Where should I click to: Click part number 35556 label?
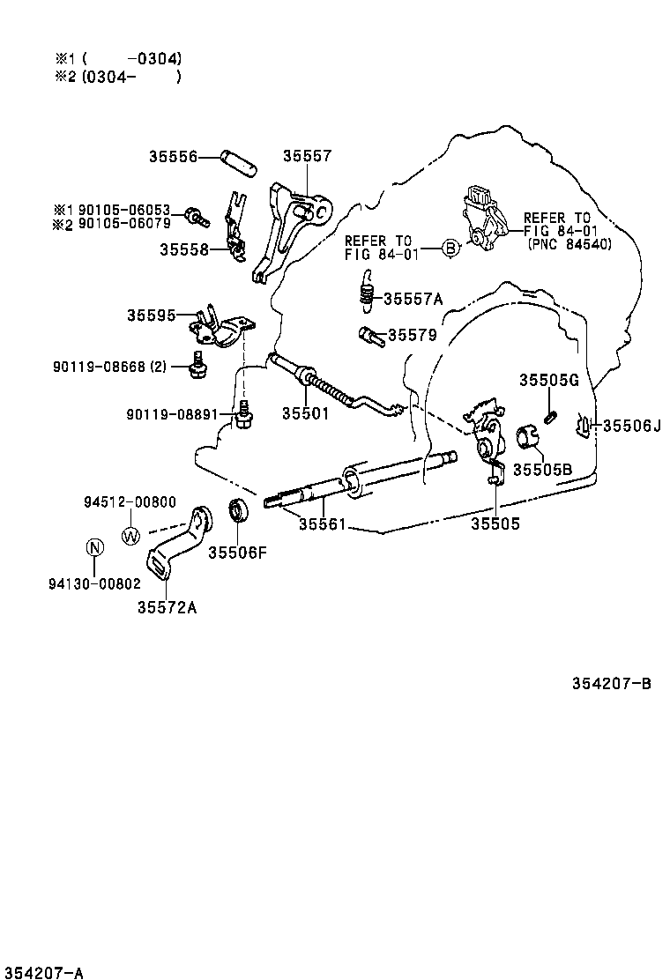pyautogui.click(x=172, y=157)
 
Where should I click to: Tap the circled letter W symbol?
pyautogui.click(x=130, y=535)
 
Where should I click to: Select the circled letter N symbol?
pyautogui.click(x=94, y=548)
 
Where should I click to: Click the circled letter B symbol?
pyautogui.click(x=450, y=249)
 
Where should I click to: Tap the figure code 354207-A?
pyautogui.click(x=42, y=972)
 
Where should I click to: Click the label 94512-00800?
pyautogui.click(x=130, y=502)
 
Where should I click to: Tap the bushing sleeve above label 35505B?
pyautogui.click(x=527, y=435)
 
